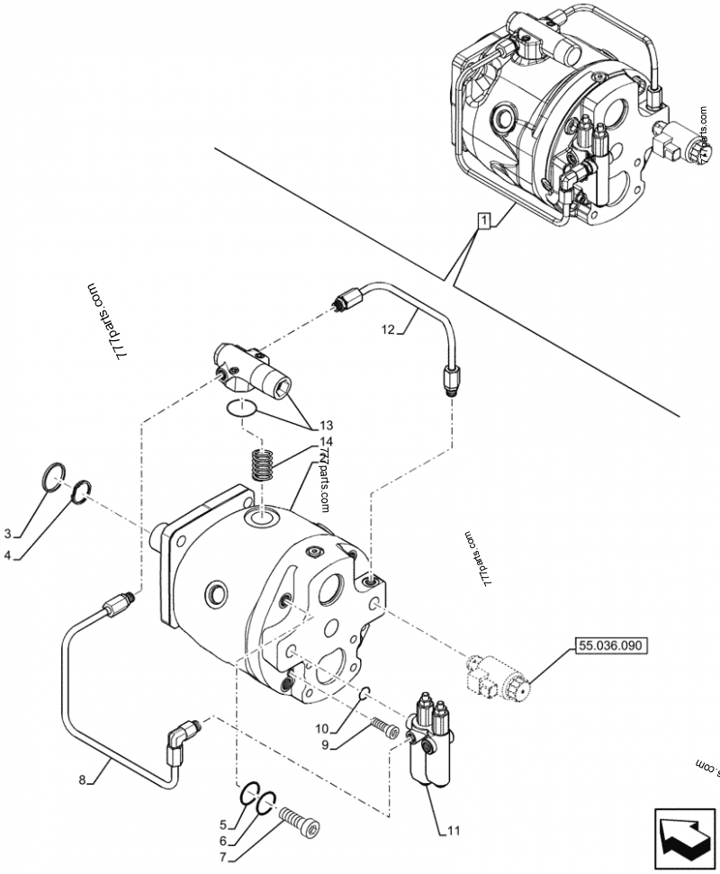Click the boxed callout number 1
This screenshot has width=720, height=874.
point(484,220)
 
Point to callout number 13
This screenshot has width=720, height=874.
point(325,426)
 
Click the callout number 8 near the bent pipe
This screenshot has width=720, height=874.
point(83,779)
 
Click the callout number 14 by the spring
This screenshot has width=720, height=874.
point(325,442)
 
